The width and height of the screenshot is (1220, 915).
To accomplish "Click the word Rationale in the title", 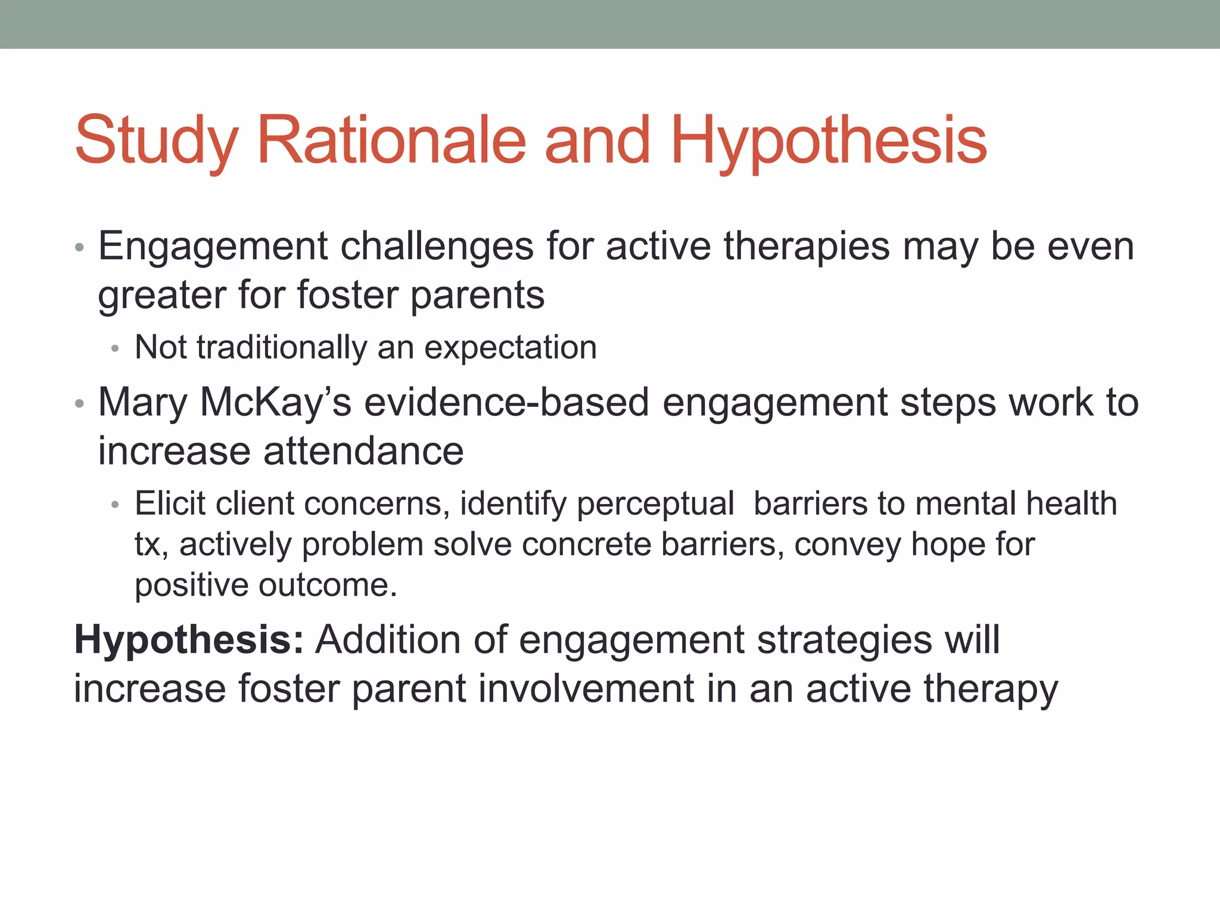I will tap(391, 141).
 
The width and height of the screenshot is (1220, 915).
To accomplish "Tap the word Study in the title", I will tap(156, 141).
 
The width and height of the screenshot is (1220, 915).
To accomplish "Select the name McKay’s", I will tap(275, 402).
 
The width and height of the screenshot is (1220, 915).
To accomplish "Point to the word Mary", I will tap(142, 402).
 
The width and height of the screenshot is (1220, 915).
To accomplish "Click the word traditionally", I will tap(282, 347).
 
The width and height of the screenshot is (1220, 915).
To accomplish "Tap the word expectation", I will tap(510, 347).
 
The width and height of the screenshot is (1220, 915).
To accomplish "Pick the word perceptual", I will tap(655, 505).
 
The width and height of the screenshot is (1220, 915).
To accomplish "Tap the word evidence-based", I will tap(506, 402).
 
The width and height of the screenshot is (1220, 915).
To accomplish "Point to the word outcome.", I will tap(327, 585).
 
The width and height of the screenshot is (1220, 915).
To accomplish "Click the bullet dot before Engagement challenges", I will tap(80, 248).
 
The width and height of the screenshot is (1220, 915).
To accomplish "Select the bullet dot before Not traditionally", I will tap(115, 349).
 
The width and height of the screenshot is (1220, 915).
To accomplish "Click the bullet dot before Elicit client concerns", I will tap(115, 505).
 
